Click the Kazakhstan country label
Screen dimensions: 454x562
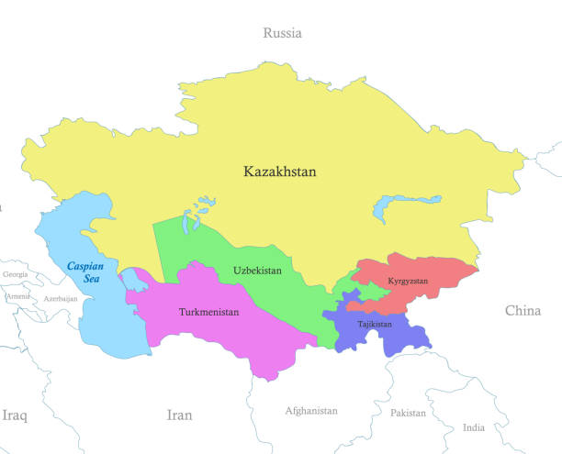click(x=279, y=172)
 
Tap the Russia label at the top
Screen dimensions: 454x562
click(x=282, y=33)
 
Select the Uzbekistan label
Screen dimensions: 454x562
click(x=257, y=271)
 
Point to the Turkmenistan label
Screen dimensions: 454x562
click(x=208, y=312)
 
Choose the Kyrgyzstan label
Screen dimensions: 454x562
click(x=408, y=280)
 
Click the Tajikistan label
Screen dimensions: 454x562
click(x=374, y=324)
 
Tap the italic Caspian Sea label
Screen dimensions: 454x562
click(x=85, y=271)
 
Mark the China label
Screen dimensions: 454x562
click(x=523, y=311)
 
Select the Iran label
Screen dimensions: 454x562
click(x=179, y=415)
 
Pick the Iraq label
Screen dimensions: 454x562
click(x=14, y=415)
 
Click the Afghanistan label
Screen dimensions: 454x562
click(x=311, y=411)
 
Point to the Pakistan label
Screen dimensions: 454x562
click(x=408, y=413)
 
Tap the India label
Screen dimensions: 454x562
click(x=474, y=427)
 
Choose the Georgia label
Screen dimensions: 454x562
click(x=15, y=274)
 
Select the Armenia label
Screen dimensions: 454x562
click(x=17, y=296)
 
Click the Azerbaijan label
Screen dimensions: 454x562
click(x=60, y=299)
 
